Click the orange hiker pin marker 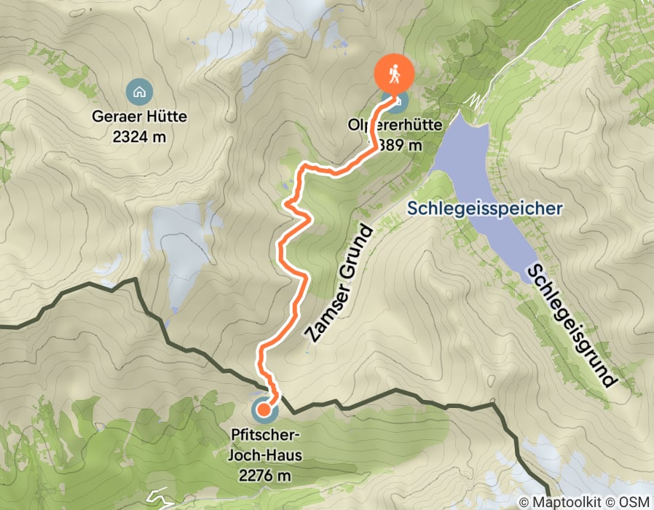[x=394, y=74]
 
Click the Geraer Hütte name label [x=140, y=116]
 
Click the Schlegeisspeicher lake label [x=484, y=208]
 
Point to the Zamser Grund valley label [x=339, y=284]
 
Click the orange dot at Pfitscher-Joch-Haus [x=264, y=412]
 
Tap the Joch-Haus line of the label [x=264, y=456]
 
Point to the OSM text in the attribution [x=635, y=502]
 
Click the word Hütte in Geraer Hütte [x=166, y=116]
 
